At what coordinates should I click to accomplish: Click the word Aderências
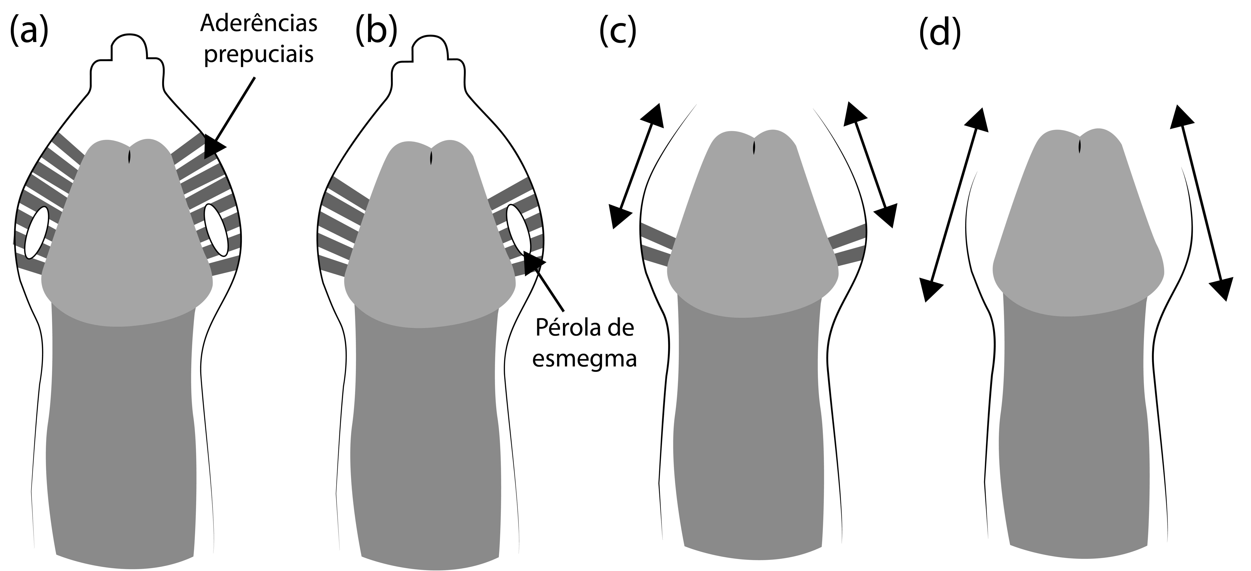point(259,23)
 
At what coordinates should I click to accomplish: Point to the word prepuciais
point(259,54)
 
